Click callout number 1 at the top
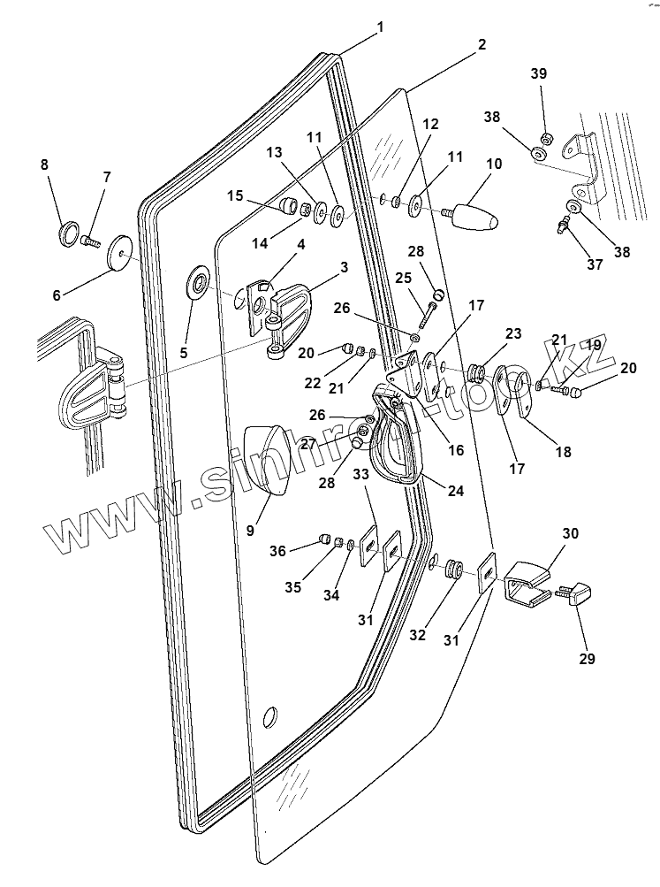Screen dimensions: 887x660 tap(380, 27)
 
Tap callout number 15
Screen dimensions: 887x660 tap(235, 194)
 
